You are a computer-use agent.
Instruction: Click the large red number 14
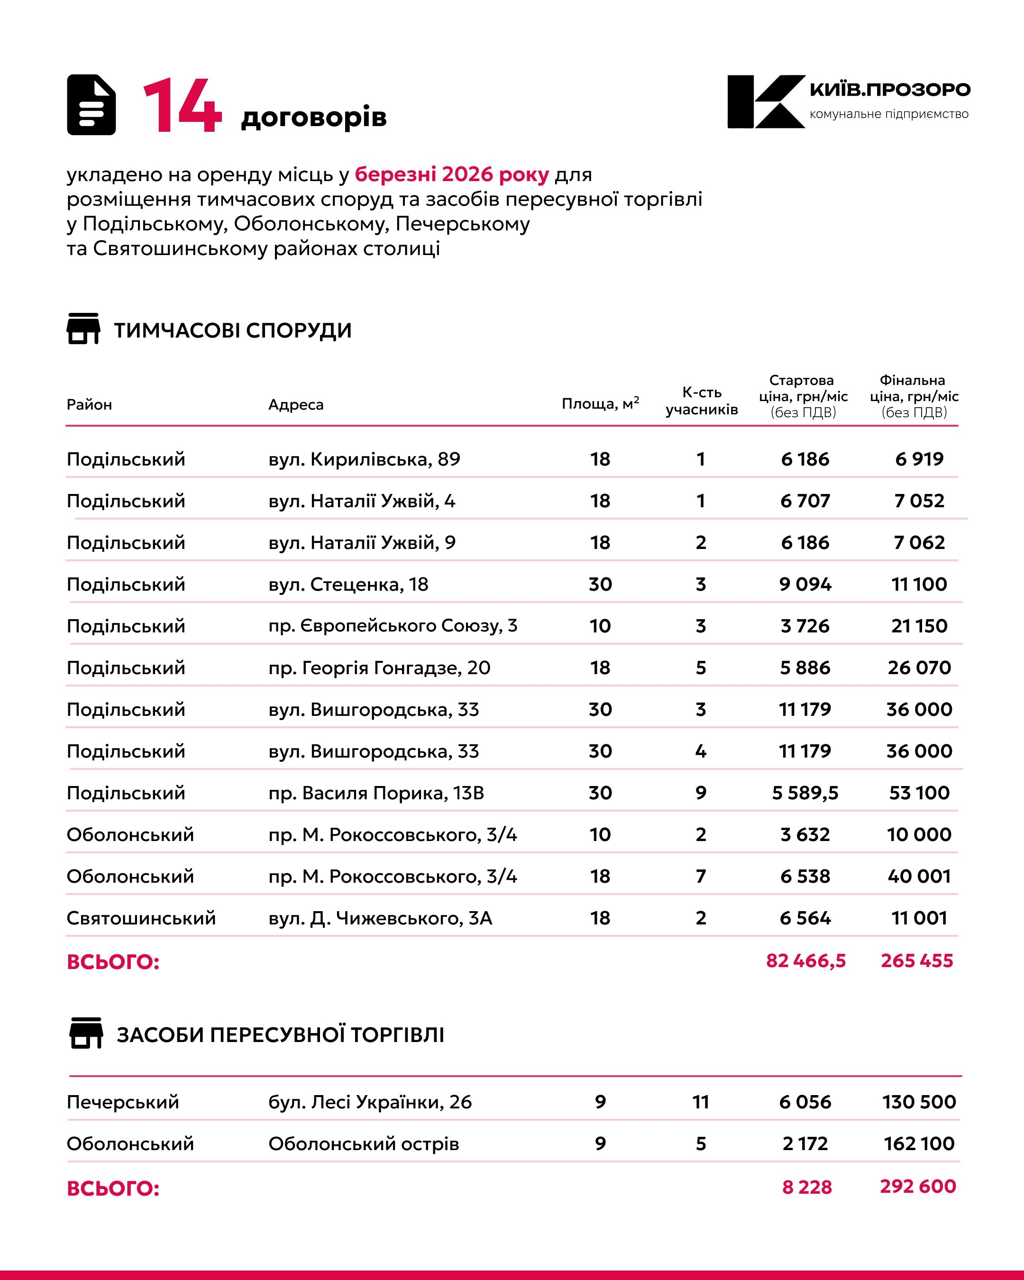[182, 106]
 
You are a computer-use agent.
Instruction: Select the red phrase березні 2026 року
[452, 174]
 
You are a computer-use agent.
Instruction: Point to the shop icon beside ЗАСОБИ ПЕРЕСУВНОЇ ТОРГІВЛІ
[87, 1033]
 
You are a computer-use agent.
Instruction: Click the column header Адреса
[296, 404]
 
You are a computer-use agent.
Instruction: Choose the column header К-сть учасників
[701, 401]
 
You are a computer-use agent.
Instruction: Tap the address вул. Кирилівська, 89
[364, 459]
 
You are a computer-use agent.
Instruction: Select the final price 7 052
[919, 501]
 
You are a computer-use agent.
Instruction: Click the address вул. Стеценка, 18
[348, 584]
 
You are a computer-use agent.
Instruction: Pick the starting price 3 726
[805, 626]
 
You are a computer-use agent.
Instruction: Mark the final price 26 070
[919, 667]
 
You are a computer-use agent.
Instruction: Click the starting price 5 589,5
[805, 793]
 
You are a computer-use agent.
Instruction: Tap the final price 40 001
[919, 876]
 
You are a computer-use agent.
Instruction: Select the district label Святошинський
[141, 918]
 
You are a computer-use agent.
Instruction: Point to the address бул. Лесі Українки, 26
[370, 1102]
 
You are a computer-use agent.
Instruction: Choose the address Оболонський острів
[363, 1143]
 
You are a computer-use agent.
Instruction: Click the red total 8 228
[807, 1187]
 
